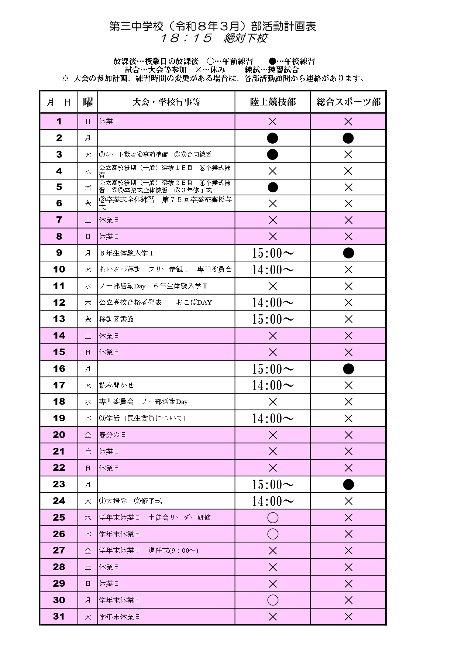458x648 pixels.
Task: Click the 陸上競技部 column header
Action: (273, 102)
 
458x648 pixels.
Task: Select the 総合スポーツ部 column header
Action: (348, 102)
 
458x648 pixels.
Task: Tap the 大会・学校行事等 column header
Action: (166, 102)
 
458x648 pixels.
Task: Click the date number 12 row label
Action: (59, 302)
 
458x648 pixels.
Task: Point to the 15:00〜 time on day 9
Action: (273, 253)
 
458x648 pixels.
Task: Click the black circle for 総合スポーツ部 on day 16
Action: (348, 369)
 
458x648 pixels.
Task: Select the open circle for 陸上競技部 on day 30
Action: (273, 600)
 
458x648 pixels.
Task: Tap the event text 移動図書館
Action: (116, 319)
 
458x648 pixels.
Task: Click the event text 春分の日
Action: (113, 435)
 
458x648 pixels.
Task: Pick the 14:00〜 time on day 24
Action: (273, 501)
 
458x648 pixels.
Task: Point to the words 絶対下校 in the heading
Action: (245, 38)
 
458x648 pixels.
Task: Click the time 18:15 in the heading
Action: (186, 38)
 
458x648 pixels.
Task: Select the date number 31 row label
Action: (59, 616)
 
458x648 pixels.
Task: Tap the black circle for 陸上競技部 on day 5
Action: (273, 187)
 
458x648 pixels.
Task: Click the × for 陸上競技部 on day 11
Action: (273, 286)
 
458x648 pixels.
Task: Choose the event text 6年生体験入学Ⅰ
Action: (126, 253)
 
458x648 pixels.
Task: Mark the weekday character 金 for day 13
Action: (88, 319)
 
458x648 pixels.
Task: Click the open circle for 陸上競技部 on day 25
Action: (273, 518)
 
